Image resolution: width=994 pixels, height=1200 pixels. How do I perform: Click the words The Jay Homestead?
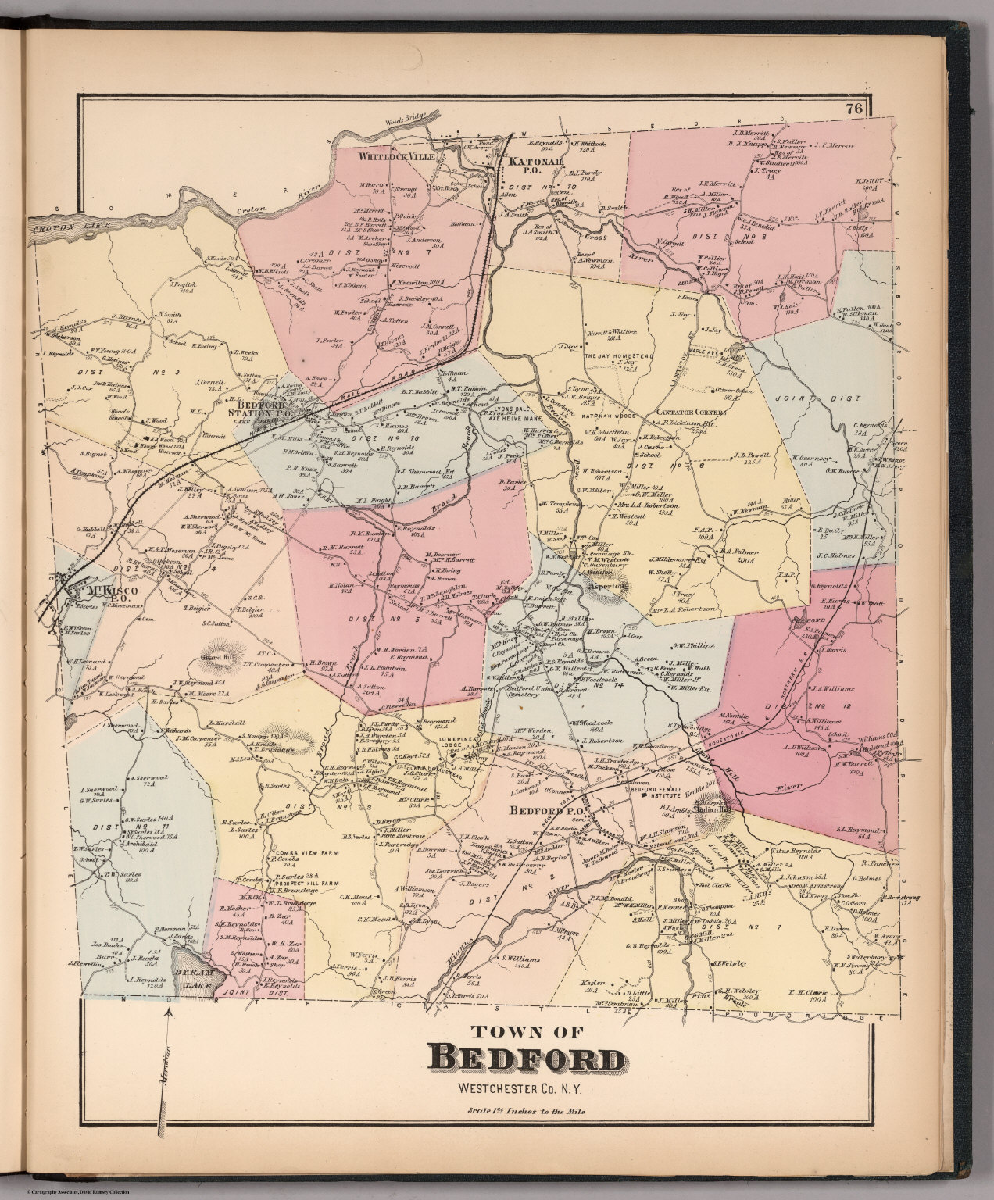[x=621, y=355]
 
